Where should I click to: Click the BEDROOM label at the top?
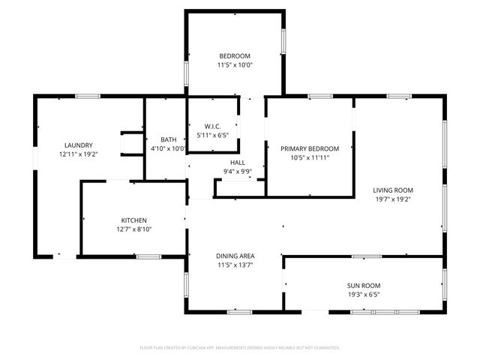coord(235,56)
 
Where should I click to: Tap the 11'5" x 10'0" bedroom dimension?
coord(235,65)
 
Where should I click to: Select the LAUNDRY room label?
coord(78,145)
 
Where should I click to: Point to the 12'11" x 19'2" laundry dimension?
coord(78,154)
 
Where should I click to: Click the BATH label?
coord(168,139)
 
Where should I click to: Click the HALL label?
coord(237,162)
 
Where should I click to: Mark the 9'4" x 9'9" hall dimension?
coord(237,171)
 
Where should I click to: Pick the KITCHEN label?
coord(134,220)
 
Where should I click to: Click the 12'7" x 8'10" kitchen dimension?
coord(134,229)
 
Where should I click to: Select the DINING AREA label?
coord(235,256)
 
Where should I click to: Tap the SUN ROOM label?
coord(363,286)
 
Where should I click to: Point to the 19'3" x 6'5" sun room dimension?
coord(363,295)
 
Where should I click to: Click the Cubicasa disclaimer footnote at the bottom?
coord(240,347)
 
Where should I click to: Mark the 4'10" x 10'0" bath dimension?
coord(168,148)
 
